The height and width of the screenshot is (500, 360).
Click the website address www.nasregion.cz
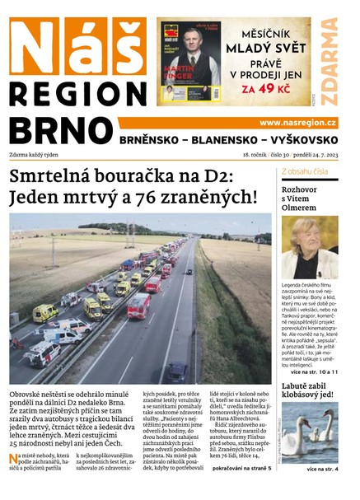[x=297, y=123]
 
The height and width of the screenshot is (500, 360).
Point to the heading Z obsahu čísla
[x=305, y=171]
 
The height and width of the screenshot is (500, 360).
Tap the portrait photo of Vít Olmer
[x=309, y=247]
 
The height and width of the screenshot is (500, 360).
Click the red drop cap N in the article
[x=14, y=459]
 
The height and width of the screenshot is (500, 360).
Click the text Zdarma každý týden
[x=39, y=154]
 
